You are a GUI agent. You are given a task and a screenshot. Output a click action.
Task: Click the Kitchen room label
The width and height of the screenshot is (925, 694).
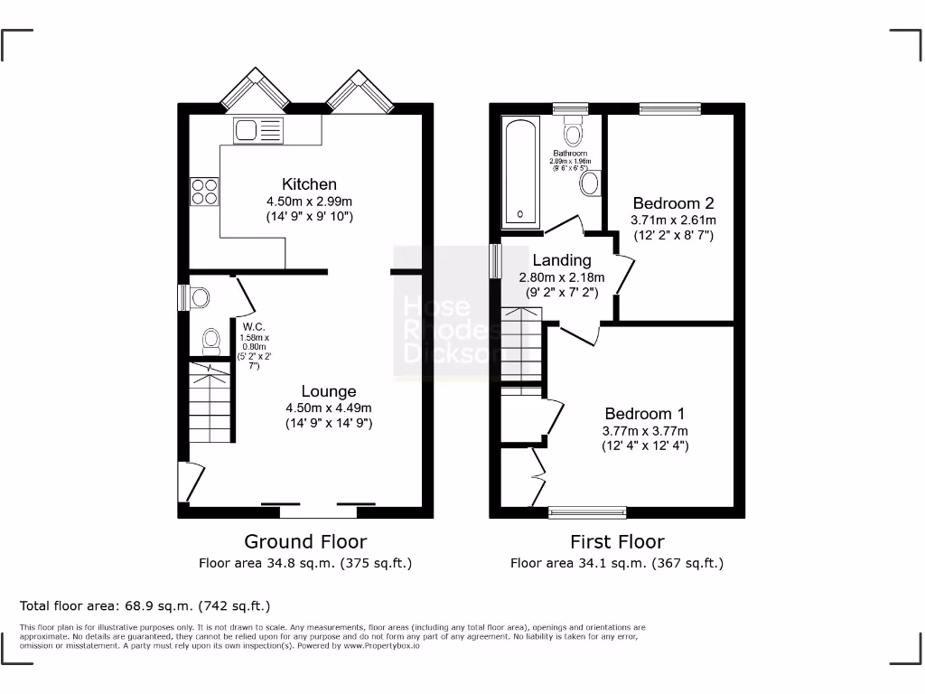click(x=309, y=184)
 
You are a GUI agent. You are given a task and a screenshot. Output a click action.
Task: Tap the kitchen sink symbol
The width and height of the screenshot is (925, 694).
click(x=258, y=130)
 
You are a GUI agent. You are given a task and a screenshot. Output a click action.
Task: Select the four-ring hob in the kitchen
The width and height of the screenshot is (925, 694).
click(x=204, y=192)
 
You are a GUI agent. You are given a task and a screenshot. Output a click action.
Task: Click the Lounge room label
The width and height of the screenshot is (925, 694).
click(x=329, y=391)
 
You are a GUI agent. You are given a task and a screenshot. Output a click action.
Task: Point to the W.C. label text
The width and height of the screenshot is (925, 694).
click(x=253, y=327)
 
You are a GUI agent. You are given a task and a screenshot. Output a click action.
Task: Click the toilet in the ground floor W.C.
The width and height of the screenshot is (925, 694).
click(x=211, y=341)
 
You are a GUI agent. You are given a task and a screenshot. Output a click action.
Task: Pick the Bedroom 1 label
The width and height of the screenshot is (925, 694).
click(x=645, y=414)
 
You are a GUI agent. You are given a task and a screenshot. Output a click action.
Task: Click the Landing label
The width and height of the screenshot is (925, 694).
click(x=561, y=260)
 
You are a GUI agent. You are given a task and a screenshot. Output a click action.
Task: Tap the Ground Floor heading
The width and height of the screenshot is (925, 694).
click(x=305, y=541)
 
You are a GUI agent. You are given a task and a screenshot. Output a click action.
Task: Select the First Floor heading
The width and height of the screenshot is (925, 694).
click(x=617, y=541)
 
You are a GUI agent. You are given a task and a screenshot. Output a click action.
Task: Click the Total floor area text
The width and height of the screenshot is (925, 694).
click(x=145, y=605)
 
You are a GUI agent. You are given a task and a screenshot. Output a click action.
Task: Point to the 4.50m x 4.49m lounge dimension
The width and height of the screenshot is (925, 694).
click(x=329, y=408)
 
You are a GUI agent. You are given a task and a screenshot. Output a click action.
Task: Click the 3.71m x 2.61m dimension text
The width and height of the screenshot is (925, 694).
click(x=673, y=220)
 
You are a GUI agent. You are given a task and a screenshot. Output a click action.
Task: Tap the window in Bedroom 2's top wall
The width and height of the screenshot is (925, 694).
click(x=669, y=109)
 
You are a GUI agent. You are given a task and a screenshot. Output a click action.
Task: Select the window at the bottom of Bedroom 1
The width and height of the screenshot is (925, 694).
click(x=587, y=512)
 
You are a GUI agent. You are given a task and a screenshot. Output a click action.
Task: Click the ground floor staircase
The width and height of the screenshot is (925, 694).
click(x=210, y=402)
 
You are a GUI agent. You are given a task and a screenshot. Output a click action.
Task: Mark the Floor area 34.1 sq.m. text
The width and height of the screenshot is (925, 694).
click(x=617, y=563)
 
